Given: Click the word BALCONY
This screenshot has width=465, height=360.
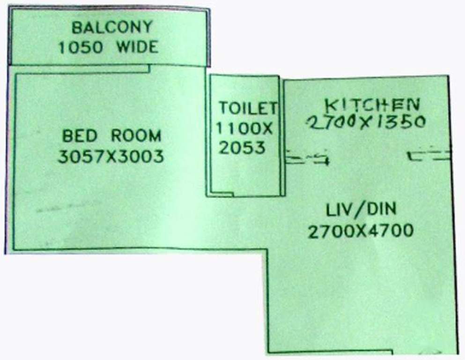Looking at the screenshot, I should (x=112, y=27).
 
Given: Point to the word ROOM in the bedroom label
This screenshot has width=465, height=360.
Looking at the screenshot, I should (x=136, y=136).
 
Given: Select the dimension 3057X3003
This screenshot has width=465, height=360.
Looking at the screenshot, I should (x=111, y=157).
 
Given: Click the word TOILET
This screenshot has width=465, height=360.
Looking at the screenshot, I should (x=248, y=108).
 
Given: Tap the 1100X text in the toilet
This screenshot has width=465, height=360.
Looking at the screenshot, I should (x=244, y=128).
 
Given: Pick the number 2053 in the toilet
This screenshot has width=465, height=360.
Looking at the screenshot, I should (x=243, y=148).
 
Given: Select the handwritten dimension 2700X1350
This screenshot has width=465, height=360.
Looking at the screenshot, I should (x=367, y=123).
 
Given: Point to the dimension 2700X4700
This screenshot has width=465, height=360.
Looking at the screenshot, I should (x=361, y=231).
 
